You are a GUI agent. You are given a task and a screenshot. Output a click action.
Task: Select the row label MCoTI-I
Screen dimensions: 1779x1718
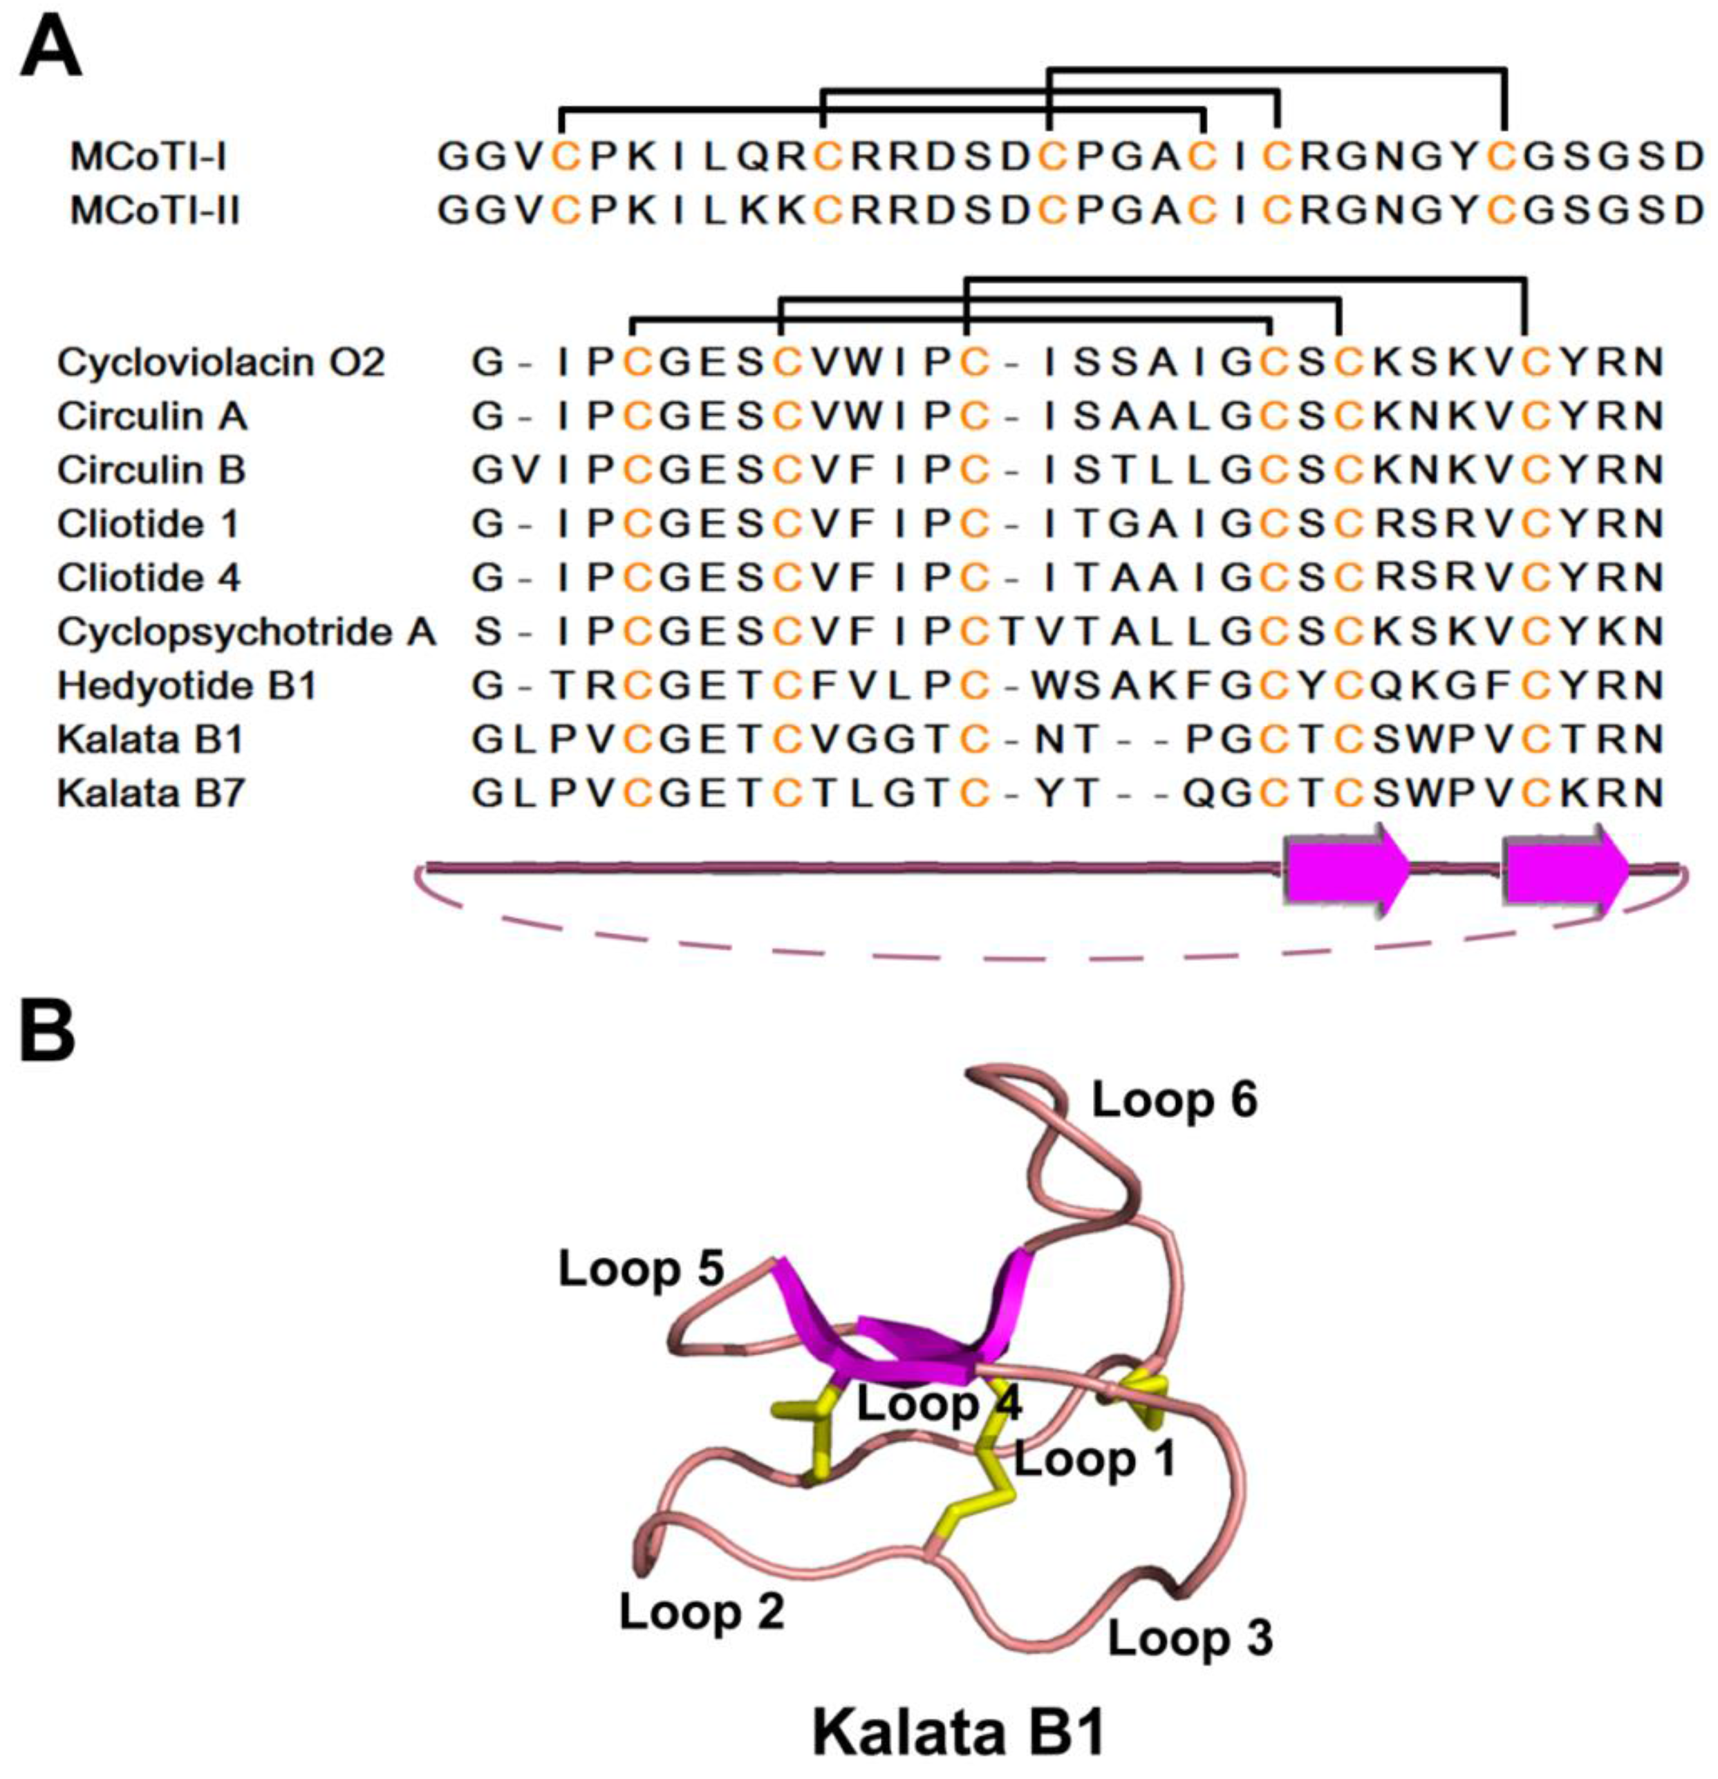(x=148, y=157)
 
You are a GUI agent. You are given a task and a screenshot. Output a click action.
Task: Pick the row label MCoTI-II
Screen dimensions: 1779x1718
(x=155, y=212)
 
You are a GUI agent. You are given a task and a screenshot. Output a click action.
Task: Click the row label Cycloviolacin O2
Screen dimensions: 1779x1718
(x=221, y=363)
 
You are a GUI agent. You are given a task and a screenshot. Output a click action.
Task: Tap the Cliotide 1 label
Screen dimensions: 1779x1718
(x=149, y=523)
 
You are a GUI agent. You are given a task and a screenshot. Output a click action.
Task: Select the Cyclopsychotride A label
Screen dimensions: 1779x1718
(x=246, y=632)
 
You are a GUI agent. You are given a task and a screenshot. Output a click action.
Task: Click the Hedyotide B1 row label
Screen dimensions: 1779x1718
(x=187, y=685)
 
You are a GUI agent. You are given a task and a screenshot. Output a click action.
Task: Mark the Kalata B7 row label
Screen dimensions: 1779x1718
(x=151, y=793)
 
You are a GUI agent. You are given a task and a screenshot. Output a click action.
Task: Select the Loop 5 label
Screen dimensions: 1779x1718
(x=641, y=1268)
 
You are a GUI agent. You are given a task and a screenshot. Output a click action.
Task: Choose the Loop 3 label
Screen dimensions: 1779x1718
(x=1190, y=1637)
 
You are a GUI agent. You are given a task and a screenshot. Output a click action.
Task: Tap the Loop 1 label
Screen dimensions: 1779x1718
(x=1094, y=1459)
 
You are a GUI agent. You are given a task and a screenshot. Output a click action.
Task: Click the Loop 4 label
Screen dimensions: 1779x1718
(x=940, y=1404)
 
